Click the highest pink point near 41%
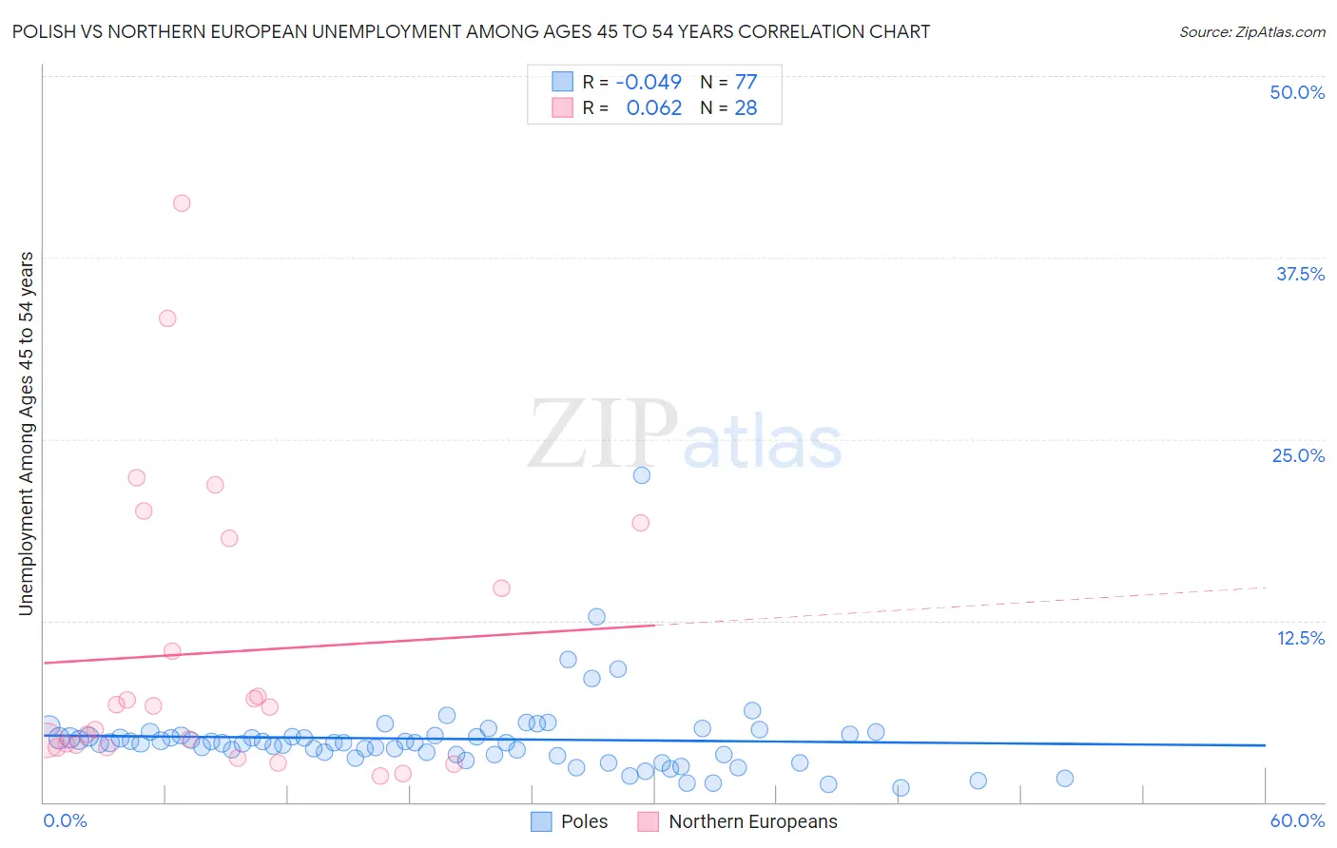point(182,202)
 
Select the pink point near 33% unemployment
point(167,318)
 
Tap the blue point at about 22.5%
point(642,475)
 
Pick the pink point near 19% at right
point(641,523)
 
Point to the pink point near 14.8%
point(501,588)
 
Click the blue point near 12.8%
point(596,617)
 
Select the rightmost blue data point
point(1065,779)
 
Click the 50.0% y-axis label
point(1297,92)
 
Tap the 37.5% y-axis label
point(1300,274)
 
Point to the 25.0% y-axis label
point(1298,455)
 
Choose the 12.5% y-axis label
point(1300,638)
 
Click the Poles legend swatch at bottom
point(541,821)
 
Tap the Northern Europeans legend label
point(753,821)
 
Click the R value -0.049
point(649,82)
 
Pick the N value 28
point(746,108)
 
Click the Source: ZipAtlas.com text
point(1251,31)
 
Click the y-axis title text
point(26,434)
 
